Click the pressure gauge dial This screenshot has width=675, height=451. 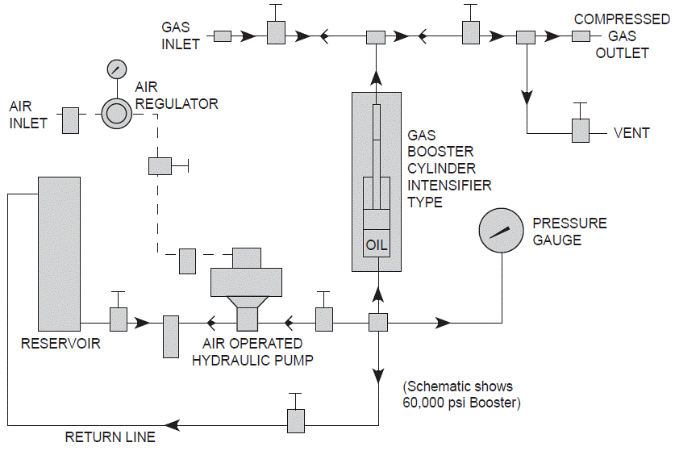(x=502, y=231)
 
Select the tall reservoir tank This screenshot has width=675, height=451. (x=58, y=253)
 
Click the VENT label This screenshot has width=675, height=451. (x=631, y=133)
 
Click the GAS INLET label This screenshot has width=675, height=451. (x=180, y=35)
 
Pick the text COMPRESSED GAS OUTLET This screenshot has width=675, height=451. (x=621, y=36)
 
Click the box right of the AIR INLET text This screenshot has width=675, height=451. (x=70, y=120)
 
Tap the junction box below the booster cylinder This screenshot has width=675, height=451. (x=378, y=323)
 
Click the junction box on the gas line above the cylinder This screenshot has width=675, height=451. (x=376, y=37)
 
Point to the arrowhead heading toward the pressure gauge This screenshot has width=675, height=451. (x=442, y=323)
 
